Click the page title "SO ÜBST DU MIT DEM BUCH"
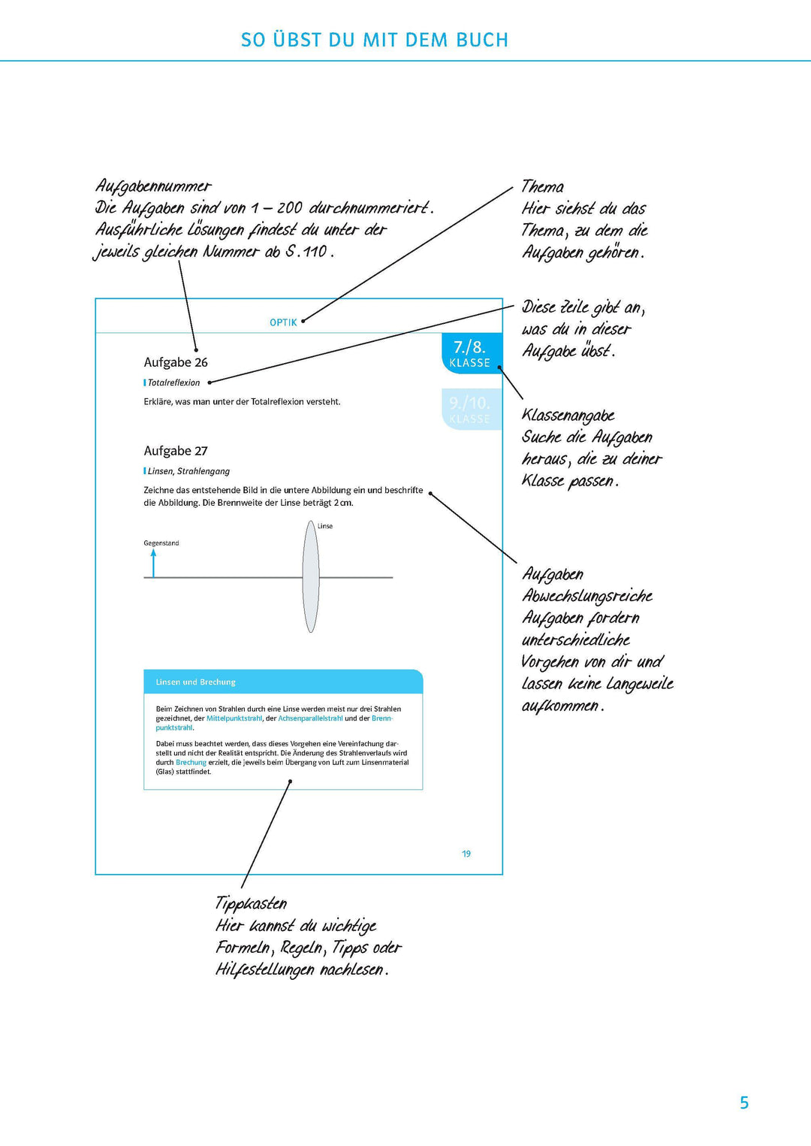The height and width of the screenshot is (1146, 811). [374, 40]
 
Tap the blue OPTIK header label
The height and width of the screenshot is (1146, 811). [283, 322]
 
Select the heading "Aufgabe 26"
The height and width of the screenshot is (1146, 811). [176, 362]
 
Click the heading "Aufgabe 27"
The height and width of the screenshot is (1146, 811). [176, 451]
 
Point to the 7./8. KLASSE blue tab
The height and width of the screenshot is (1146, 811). [470, 353]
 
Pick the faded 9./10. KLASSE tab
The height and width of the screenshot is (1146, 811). [470, 410]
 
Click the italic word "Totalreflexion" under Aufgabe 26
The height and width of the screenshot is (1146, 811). [173, 383]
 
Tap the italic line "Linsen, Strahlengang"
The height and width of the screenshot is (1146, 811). [188, 471]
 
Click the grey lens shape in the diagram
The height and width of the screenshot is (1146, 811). [311, 577]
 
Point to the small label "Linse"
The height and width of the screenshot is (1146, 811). [325, 526]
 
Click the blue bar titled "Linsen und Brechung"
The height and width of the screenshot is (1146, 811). [283, 682]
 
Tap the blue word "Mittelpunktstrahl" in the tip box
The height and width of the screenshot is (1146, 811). [234, 718]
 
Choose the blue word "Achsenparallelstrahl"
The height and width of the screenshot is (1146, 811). [310, 718]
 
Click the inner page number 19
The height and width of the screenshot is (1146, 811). [466, 854]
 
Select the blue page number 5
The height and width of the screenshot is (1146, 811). [744, 1102]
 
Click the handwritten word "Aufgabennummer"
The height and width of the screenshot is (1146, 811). [154, 186]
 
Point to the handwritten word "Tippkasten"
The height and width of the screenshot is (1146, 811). [251, 903]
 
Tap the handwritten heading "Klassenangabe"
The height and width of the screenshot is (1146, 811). [568, 416]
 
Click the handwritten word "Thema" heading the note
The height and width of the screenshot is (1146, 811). [543, 186]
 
